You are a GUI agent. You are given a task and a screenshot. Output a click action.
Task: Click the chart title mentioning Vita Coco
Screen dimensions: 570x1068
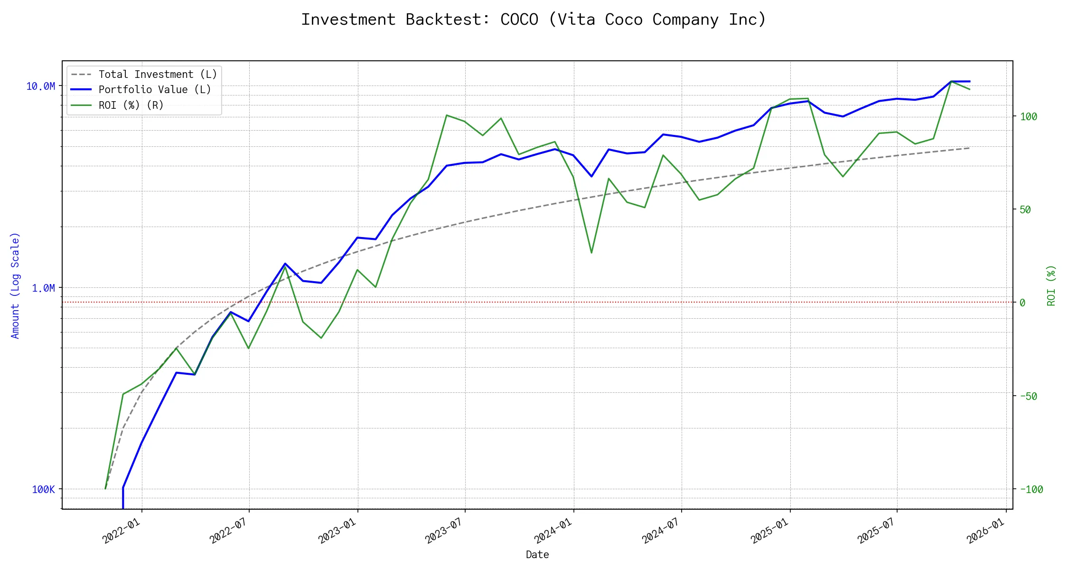534,19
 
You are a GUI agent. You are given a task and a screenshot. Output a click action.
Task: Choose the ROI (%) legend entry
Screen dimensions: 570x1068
131,105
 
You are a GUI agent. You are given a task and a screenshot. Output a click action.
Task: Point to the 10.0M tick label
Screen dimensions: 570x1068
40,86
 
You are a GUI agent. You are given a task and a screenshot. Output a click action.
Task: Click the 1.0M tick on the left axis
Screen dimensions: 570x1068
43,288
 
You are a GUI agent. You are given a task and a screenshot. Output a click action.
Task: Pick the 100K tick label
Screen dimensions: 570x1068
43,489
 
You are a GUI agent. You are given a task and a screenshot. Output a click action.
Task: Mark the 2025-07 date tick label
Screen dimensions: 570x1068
875,531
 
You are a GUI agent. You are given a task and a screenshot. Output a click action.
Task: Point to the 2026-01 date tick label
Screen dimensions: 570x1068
984,531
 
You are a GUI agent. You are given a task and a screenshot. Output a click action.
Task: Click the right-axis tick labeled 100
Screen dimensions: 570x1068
1029,116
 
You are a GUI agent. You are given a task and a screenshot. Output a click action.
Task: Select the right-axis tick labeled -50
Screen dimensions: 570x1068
1029,396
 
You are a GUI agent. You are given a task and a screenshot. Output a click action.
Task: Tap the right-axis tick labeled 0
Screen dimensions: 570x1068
1022,303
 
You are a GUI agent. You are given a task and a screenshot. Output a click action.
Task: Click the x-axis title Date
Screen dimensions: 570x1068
537,555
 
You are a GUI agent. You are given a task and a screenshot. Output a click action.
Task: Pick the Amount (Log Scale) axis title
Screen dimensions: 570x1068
15,285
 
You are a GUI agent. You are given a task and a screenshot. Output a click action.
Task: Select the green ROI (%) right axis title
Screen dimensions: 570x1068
1051,285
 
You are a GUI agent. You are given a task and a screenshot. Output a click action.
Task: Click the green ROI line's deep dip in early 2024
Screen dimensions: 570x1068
591,252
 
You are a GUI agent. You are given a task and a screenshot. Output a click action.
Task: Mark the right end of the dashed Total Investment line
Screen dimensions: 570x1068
969,148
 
